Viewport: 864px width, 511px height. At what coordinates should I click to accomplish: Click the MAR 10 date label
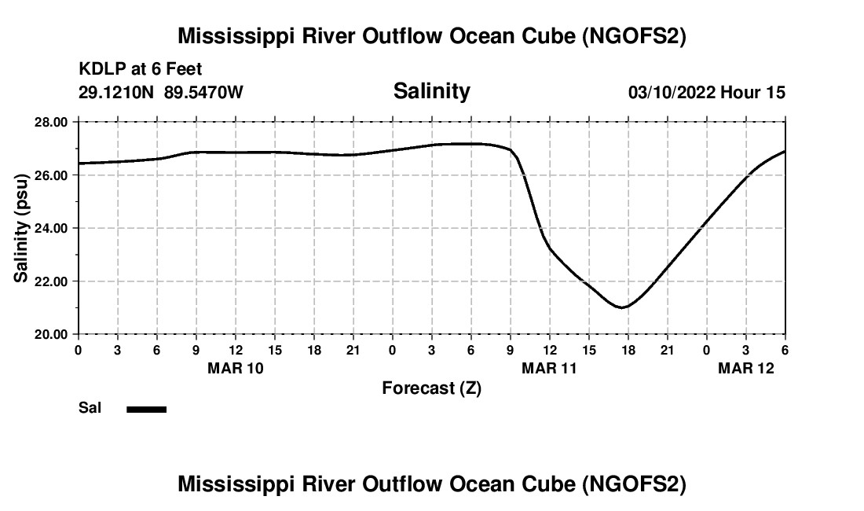point(236,367)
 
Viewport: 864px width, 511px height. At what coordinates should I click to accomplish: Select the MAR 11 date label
point(550,367)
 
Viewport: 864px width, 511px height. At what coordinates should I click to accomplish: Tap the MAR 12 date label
point(746,367)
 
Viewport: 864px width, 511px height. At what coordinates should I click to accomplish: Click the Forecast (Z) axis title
point(431,388)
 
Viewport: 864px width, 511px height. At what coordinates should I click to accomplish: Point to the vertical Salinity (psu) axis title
point(22,228)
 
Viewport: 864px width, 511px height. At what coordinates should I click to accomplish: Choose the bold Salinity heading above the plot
point(431,91)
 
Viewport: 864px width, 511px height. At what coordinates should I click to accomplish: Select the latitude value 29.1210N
point(118,93)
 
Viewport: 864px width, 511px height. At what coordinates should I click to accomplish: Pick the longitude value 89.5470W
point(203,93)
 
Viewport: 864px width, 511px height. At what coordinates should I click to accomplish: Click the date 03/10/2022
point(672,93)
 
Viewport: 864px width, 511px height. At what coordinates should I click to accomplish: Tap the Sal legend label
point(90,408)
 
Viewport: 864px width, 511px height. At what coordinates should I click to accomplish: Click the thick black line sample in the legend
point(146,409)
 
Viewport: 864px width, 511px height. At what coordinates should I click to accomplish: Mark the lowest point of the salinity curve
point(622,307)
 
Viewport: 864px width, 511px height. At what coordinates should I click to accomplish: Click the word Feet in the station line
point(184,69)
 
